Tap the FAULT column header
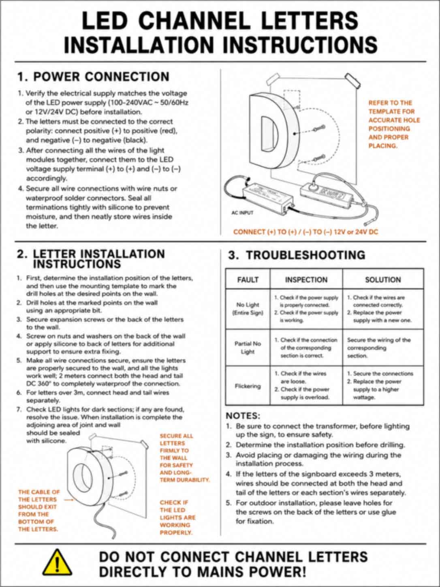(x=248, y=280)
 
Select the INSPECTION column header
(x=306, y=280)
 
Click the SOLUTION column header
(x=383, y=280)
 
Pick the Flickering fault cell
(x=248, y=386)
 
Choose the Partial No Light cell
(x=248, y=348)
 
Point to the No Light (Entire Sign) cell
(x=248, y=308)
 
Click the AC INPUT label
(x=242, y=213)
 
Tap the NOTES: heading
(x=243, y=416)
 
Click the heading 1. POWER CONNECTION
(x=93, y=77)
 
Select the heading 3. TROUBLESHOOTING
(x=297, y=255)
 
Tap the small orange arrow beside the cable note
(x=68, y=499)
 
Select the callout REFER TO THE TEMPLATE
(x=394, y=124)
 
